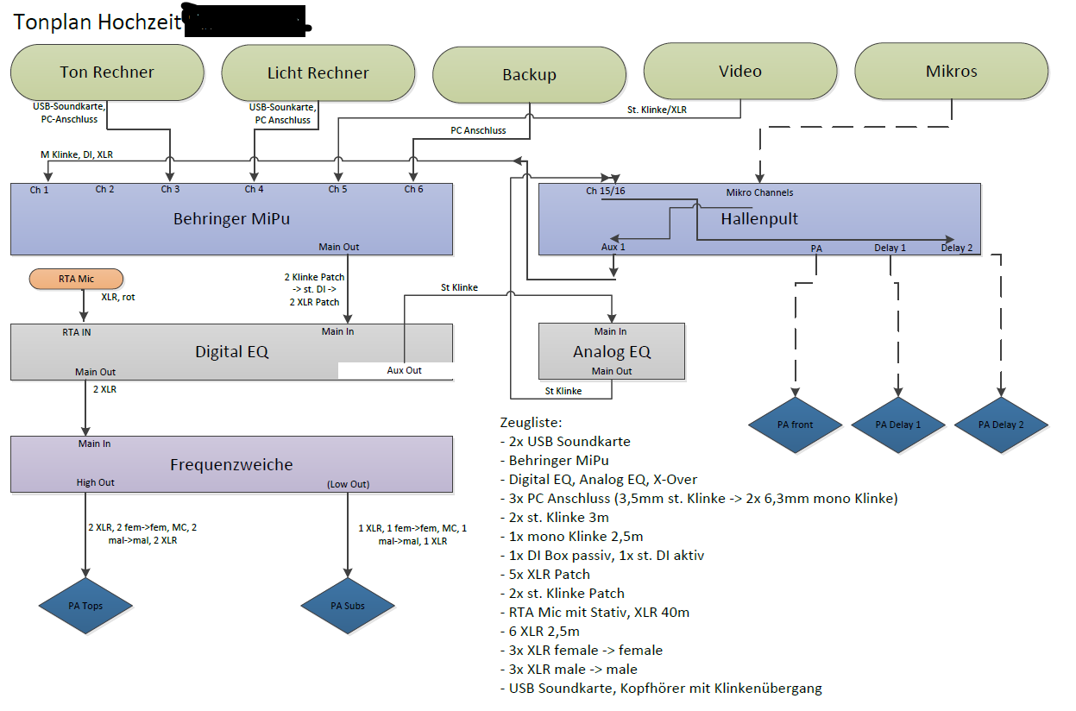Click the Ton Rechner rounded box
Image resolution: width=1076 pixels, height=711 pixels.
[107, 72]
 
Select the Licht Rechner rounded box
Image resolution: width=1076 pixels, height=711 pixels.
[318, 73]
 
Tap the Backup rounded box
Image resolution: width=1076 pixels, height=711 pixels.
[529, 75]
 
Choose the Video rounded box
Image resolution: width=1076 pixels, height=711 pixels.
[740, 72]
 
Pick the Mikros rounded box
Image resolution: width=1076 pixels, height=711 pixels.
[952, 72]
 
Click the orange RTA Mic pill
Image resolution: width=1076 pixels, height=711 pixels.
[76, 279]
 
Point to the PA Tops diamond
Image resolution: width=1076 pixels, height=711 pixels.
[85, 606]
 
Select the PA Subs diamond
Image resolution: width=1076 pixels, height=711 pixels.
[348, 606]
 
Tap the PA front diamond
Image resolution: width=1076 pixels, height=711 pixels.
[795, 425]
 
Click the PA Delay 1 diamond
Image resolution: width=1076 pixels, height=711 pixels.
[898, 425]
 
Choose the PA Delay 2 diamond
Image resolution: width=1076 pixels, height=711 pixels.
[1001, 425]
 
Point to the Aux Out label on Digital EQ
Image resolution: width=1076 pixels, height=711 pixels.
[404, 370]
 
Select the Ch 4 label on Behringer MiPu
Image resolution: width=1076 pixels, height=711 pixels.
[254, 189]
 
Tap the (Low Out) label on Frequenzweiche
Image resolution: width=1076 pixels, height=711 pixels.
[348, 484]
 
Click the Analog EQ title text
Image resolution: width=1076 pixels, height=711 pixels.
[612, 351]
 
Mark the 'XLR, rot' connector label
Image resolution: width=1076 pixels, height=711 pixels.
[116, 297]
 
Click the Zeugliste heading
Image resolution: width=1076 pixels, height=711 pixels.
[531, 423]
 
